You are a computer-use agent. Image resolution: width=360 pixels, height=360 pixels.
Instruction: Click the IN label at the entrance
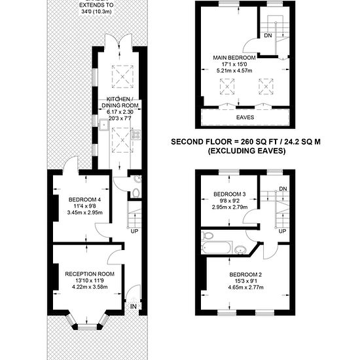[x=134, y=306]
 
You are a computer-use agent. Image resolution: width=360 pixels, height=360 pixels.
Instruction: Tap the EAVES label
[x=245, y=117]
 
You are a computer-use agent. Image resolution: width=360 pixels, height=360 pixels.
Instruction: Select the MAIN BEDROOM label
[x=234, y=58]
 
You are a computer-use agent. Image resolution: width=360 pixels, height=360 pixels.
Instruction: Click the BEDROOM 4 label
[x=84, y=200]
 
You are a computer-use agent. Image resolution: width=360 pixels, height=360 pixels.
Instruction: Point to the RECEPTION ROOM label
[x=90, y=274]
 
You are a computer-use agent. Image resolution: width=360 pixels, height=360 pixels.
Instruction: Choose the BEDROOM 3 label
[x=230, y=194]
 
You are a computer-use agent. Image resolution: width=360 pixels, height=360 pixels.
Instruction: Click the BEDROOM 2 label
[x=245, y=274]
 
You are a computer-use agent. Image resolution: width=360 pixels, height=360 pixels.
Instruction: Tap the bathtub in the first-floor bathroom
[x=217, y=247]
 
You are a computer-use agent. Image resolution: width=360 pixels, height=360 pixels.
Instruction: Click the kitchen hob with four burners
[x=135, y=135]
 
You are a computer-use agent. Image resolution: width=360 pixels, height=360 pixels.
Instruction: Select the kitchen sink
[x=104, y=124]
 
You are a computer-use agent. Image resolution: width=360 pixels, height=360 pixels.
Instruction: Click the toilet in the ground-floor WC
[x=136, y=192]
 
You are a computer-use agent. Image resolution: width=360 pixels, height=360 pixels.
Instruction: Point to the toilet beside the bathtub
[x=207, y=236]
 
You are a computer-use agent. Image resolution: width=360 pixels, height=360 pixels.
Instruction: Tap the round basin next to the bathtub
[x=240, y=250]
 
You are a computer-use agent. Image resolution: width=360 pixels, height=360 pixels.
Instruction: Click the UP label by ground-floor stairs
[x=134, y=231]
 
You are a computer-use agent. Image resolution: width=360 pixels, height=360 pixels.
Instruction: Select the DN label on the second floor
[x=268, y=35]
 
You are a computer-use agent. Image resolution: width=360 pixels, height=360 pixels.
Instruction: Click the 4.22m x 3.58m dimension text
[x=90, y=287]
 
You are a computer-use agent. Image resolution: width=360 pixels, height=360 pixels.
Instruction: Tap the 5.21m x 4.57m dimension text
[x=234, y=71]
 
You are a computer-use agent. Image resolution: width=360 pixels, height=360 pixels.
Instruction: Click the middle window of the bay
[x=88, y=327]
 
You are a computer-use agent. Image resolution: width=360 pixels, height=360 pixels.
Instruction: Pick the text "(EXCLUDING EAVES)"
[x=247, y=151]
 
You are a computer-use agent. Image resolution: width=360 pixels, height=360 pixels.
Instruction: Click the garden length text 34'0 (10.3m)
[x=96, y=11]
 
